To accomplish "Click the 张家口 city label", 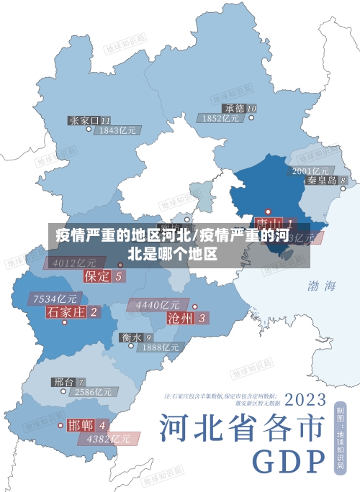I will pos(85,120).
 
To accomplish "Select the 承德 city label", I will pos(233,108).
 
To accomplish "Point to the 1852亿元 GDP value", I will pos(221,118).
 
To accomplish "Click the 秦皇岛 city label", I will pos(322,181).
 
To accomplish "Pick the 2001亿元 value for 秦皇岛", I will pos(310,170).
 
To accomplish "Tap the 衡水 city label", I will pos(131,337).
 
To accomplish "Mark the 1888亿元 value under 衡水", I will pos(160,347).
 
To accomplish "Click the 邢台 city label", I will pos(63,382).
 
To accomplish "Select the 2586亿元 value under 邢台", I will pos(94,393).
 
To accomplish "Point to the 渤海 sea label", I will pos(322,286).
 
